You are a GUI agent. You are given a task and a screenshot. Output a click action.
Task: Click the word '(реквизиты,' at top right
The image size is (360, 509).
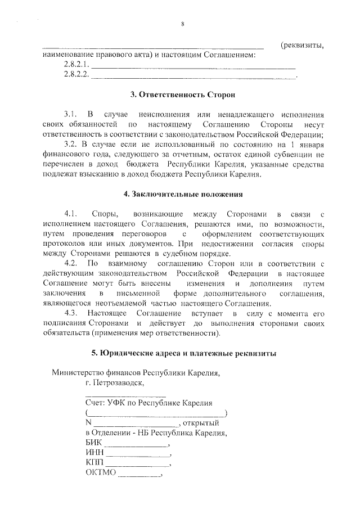tap(303, 45)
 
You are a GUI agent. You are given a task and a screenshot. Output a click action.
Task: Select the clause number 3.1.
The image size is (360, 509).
tap(70, 113)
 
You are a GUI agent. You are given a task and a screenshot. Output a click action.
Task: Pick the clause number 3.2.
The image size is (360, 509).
tap(71, 144)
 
